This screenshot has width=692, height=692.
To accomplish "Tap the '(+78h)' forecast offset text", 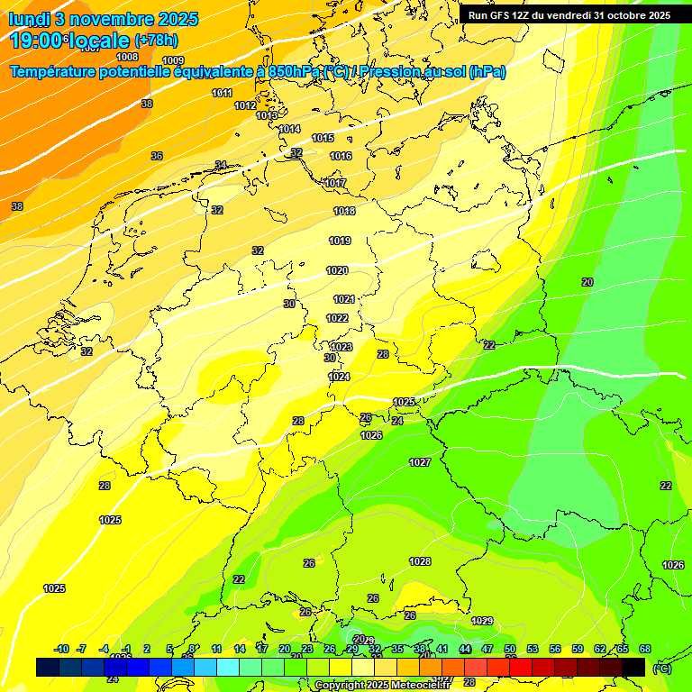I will point(156,41).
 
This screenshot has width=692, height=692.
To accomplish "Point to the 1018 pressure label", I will point(344,212).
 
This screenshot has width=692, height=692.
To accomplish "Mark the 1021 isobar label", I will point(344,299).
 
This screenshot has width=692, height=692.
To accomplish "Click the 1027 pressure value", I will point(420,462).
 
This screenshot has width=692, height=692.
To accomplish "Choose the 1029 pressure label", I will point(483,621).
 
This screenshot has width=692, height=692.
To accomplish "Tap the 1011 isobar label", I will point(223,94).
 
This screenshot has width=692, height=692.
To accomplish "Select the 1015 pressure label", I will point(323,139).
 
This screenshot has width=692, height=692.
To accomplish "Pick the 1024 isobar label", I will point(339,378).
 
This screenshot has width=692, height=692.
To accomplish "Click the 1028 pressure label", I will point(420,561).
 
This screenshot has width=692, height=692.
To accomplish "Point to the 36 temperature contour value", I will point(157,157).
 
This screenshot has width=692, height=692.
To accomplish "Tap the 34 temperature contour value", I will point(221,165).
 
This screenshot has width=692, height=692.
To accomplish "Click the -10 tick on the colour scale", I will point(62,650).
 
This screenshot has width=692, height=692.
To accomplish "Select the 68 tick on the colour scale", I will point(645,650).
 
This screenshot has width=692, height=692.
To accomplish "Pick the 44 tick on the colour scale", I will point(465,650).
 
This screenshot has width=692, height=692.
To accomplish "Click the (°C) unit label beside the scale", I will point(661,669).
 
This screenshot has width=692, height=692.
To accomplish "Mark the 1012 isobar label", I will point(245,106).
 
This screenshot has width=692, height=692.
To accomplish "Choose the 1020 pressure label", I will point(337,271).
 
